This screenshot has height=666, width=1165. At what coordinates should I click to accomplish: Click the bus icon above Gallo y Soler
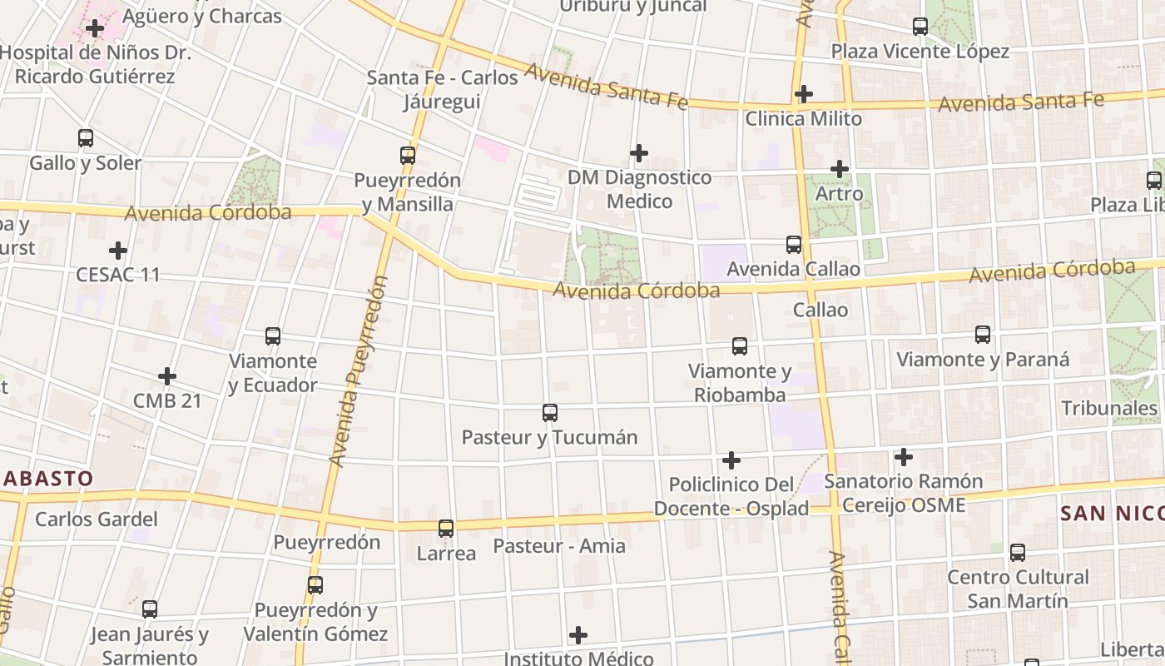click(86, 138)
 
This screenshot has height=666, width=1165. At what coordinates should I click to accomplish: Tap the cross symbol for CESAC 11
click(118, 250)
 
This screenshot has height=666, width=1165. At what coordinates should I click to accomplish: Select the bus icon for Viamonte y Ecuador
click(273, 336)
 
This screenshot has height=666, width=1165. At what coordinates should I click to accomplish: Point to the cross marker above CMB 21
click(167, 376)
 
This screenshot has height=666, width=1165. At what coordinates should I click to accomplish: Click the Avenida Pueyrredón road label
click(359, 370)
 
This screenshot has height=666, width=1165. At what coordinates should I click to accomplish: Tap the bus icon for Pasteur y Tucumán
click(550, 412)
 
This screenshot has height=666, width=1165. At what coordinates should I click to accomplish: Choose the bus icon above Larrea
click(446, 529)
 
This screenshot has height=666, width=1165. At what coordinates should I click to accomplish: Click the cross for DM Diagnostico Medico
click(639, 153)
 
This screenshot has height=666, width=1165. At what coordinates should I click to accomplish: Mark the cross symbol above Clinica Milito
click(803, 94)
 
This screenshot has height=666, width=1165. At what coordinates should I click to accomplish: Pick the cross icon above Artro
click(840, 170)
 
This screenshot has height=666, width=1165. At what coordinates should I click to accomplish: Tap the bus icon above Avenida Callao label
click(794, 245)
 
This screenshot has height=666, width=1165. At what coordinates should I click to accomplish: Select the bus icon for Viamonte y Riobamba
click(740, 346)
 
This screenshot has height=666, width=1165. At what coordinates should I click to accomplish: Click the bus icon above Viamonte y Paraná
click(983, 335)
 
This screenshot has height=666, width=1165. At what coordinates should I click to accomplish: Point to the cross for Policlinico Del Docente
click(731, 460)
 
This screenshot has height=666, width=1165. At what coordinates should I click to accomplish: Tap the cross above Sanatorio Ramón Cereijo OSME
click(904, 457)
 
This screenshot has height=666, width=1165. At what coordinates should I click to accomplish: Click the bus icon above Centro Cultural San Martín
click(1018, 552)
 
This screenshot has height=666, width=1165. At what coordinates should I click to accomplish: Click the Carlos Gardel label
click(96, 519)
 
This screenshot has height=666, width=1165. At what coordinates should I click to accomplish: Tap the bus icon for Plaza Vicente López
click(920, 27)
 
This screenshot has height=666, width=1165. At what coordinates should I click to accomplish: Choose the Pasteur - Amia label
click(559, 546)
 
